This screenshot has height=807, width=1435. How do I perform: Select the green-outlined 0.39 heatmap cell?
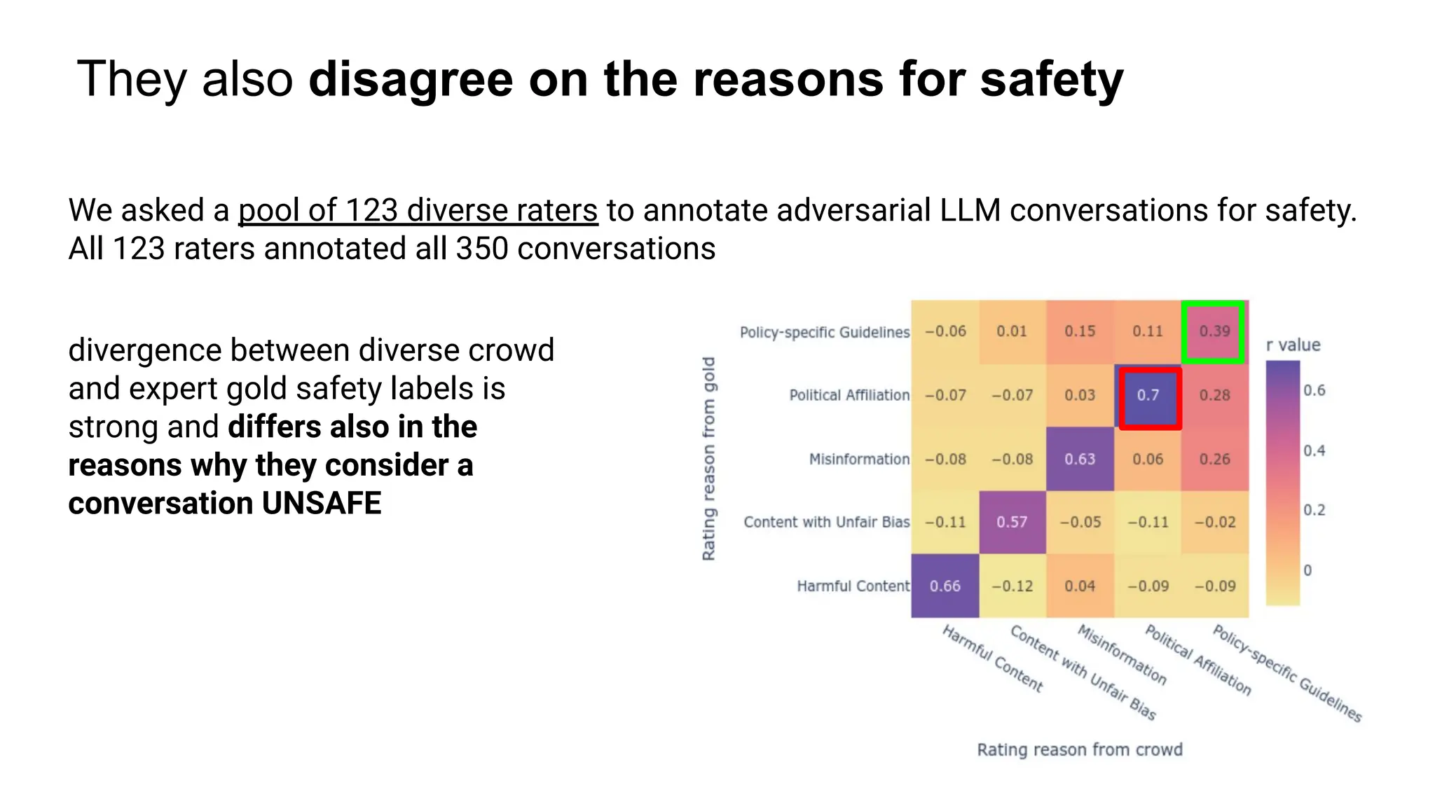pyautogui.click(x=1214, y=332)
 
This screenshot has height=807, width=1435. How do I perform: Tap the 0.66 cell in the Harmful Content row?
pyautogui.click(x=945, y=586)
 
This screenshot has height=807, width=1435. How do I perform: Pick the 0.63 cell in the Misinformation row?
pyautogui.click(x=1080, y=460)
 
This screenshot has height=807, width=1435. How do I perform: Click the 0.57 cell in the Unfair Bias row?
pyautogui.click(x=1012, y=523)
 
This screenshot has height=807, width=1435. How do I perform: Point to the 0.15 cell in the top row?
pyautogui.click(x=1080, y=332)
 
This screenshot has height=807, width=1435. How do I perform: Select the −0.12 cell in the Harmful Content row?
pyautogui.click(x=1012, y=586)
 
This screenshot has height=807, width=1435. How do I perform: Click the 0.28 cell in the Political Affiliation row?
pyautogui.click(x=1214, y=396)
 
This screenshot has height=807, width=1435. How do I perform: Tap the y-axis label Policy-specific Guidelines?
pyautogui.click(x=824, y=333)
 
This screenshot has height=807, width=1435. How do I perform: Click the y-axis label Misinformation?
pyautogui.click(x=859, y=460)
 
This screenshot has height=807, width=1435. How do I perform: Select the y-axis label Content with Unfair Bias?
pyautogui.click(x=826, y=523)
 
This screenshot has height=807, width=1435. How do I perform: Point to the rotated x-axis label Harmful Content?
pyautogui.click(x=992, y=658)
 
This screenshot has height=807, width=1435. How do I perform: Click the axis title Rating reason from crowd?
pyautogui.click(x=1080, y=750)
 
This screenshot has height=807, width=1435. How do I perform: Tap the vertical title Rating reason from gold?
pyautogui.click(x=709, y=459)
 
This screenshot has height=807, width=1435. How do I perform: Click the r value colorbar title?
pyautogui.click(x=1293, y=345)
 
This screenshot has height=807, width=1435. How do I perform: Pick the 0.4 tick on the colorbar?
pyautogui.click(x=1314, y=451)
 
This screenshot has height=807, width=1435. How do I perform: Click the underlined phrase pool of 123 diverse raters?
pyautogui.click(x=418, y=211)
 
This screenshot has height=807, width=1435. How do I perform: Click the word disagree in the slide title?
pyautogui.click(x=411, y=80)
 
